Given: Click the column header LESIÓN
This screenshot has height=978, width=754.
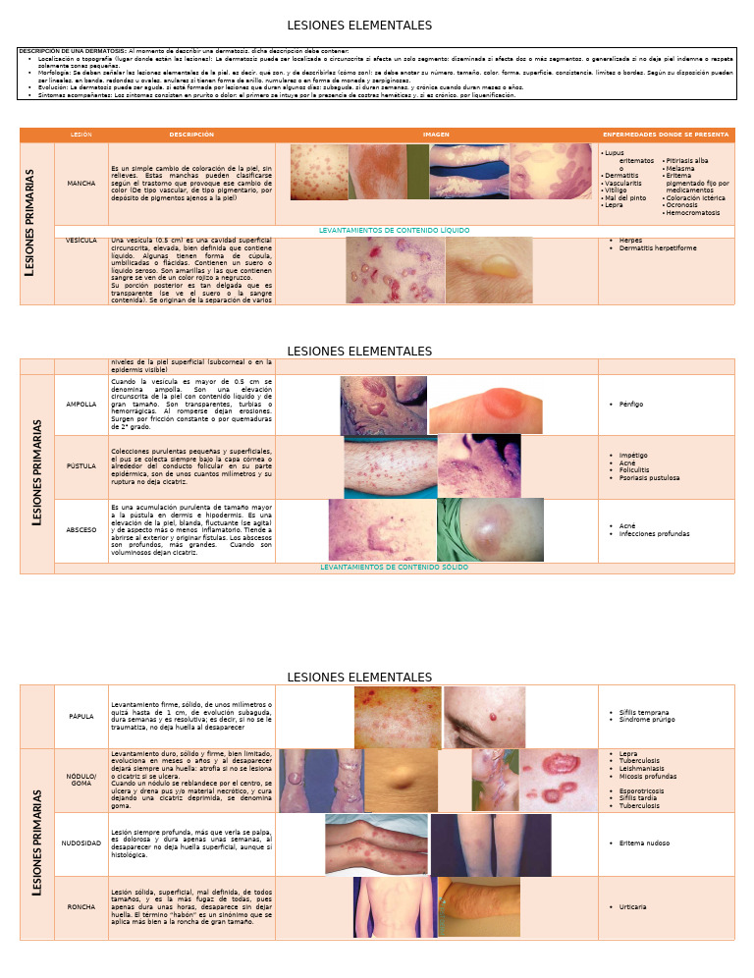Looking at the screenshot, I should tap(81, 135).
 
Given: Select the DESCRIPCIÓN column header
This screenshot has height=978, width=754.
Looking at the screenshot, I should tap(191, 135).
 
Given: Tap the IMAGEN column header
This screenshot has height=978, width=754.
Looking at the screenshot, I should tap(436, 135).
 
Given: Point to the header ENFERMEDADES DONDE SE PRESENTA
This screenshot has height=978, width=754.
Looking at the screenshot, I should tap(666, 135).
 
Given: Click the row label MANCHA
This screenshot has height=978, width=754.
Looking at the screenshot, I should tap(81, 184).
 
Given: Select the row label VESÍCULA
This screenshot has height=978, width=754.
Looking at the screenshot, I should tap(81, 241).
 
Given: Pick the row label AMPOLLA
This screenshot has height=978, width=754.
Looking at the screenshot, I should tap(81, 404).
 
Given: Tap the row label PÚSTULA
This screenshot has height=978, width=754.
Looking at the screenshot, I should tap(81, 466).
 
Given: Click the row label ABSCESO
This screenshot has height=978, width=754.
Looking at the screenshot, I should tap(81, 529).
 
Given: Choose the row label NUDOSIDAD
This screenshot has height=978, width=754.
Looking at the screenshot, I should tap(81, 843).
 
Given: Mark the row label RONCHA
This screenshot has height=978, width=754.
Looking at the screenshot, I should tap(81, 907).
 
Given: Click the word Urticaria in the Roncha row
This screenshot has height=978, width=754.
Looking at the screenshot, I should tap(633, 907).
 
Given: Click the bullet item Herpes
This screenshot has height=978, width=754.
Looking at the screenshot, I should tap(631, 241).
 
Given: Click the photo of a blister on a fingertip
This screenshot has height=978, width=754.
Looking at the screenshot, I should tap(484, 406).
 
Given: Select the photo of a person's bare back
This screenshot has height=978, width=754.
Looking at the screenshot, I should tap(395, 907).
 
